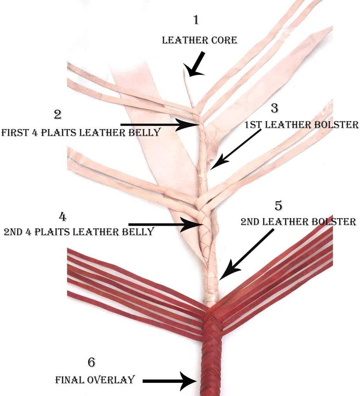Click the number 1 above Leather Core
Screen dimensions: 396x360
click(195, 19)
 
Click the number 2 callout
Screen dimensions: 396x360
click(58, 114)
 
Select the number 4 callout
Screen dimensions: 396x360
click(62, 217)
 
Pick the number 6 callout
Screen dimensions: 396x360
click(92, 362)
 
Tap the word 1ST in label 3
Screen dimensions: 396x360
click(252, 125)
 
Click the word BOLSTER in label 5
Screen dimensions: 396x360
click(333, 221)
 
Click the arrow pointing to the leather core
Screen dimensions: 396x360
click(196, 64)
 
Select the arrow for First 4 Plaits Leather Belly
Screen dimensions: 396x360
click(159, 125)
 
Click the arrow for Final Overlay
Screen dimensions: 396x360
click(169, 381)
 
